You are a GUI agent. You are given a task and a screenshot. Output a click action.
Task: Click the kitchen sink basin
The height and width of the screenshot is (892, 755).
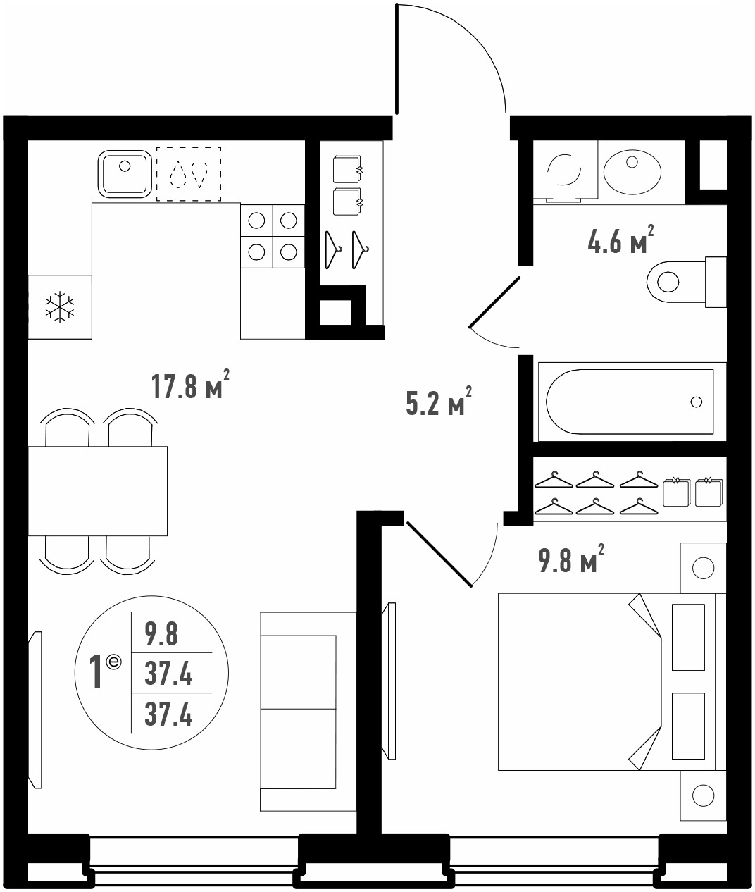tap(125, 174)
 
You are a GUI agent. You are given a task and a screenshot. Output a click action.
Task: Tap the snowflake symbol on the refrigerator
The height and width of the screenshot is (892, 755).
tap(60, 306)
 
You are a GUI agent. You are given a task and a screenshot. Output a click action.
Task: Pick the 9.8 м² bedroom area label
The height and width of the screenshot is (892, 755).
tap(571, 558)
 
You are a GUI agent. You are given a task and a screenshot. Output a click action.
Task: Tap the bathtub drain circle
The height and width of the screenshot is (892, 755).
tap(696, 402)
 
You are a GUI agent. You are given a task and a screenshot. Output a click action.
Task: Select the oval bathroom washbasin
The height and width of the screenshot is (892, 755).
tap(632, 172)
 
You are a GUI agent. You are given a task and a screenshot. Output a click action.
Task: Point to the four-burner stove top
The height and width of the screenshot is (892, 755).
tap(273, 236)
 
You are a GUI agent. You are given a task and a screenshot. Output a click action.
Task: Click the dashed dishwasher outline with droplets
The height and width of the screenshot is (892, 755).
tap(189, 174)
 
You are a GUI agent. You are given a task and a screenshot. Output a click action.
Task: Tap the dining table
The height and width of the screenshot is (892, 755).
tap(97, 491)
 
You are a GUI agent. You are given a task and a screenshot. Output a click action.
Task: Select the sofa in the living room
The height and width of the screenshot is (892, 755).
tap(308, 712)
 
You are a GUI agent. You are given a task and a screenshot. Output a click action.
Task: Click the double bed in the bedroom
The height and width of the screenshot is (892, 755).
tap(612, 681)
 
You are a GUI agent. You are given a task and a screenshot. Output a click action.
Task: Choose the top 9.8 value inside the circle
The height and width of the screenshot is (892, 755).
tap(161, 634)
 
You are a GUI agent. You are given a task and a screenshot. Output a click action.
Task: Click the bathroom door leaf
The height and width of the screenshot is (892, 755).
tap(494, 302)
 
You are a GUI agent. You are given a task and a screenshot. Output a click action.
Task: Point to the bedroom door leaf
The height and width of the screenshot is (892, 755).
tap(439, 555)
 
